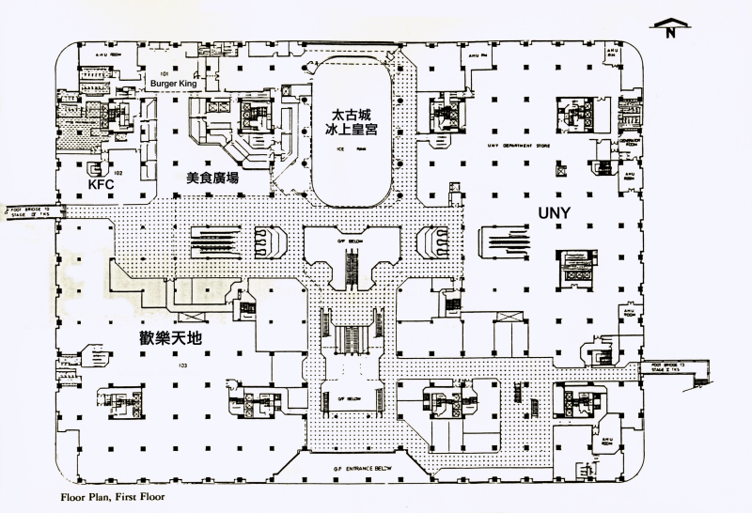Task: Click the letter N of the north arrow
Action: pos(670,34)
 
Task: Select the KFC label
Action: pos(101,186)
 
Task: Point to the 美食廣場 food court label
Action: pos(211,177)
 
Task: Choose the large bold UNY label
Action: pos(555,212)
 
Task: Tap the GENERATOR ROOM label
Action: pos(630,141)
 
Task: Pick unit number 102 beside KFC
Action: pos(118,173)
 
